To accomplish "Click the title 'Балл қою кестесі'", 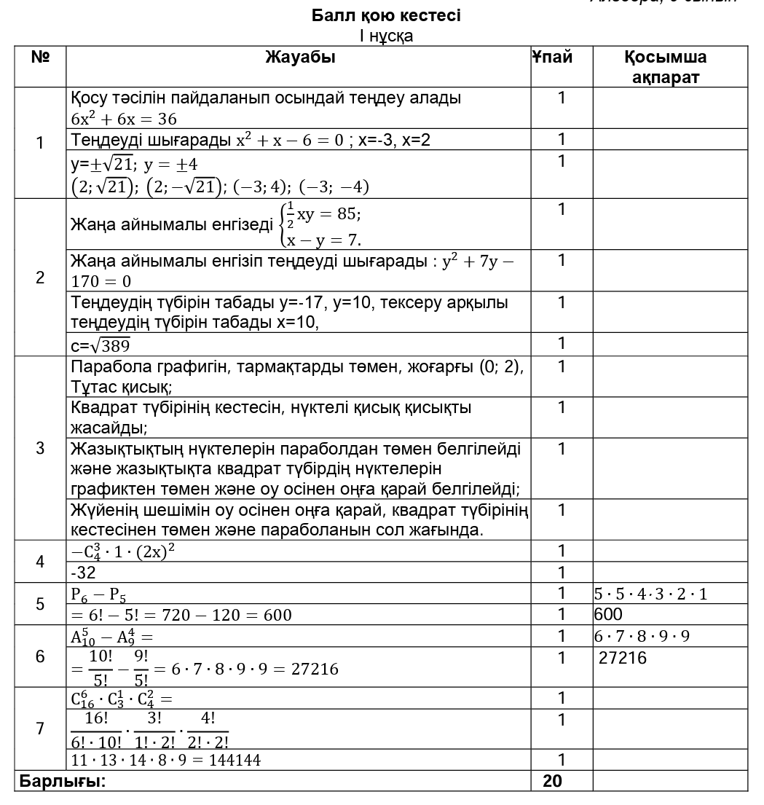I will point(386,15).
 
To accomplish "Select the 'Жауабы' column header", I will point(300,58).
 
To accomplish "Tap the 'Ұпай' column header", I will point(552,58).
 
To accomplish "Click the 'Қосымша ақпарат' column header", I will point(666,67).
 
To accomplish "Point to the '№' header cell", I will point(40,58).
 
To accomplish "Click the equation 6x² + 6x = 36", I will point(124,118).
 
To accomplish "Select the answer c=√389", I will point(101,345).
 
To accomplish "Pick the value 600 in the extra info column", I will point(609,614).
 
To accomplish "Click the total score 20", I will point(553,781).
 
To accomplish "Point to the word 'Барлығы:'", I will point(63,782).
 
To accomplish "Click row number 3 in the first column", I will point(40,448).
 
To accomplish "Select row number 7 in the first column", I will point(40,729).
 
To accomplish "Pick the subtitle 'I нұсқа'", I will point(386,36).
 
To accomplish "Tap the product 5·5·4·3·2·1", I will point(651,594).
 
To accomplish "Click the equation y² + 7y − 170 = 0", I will point(291,270).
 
